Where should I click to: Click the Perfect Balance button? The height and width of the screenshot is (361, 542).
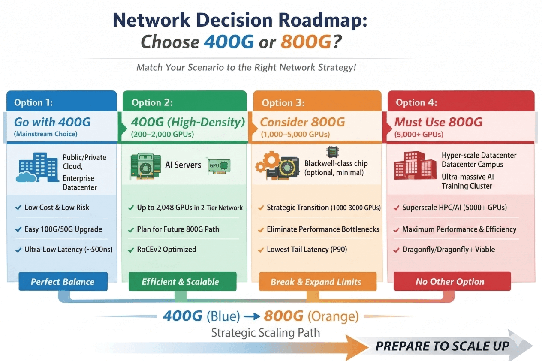click(63, 282)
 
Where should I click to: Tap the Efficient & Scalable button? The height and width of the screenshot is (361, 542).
click(181, 282)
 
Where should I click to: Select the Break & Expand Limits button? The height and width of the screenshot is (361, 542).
click(316, 282)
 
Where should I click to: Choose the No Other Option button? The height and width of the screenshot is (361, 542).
click(450, 282)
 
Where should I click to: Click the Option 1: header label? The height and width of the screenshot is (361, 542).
click(34, 103)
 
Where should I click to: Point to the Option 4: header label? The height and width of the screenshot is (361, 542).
click(416, 103)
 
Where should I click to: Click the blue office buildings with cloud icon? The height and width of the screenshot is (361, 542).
click(38, 168)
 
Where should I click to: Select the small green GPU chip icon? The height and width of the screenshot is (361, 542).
click(218, 165)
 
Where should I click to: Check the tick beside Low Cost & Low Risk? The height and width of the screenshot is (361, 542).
click(18, 208)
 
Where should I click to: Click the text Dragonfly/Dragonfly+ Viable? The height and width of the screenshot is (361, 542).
click(449, 250)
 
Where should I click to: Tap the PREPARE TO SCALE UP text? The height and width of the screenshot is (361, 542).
click(443, 346)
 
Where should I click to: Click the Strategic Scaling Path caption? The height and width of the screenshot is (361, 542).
click(265, 333)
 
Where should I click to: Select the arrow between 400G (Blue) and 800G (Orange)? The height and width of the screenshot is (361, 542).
click(252, 317)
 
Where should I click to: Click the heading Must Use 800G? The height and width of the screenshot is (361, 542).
click(438, 123)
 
